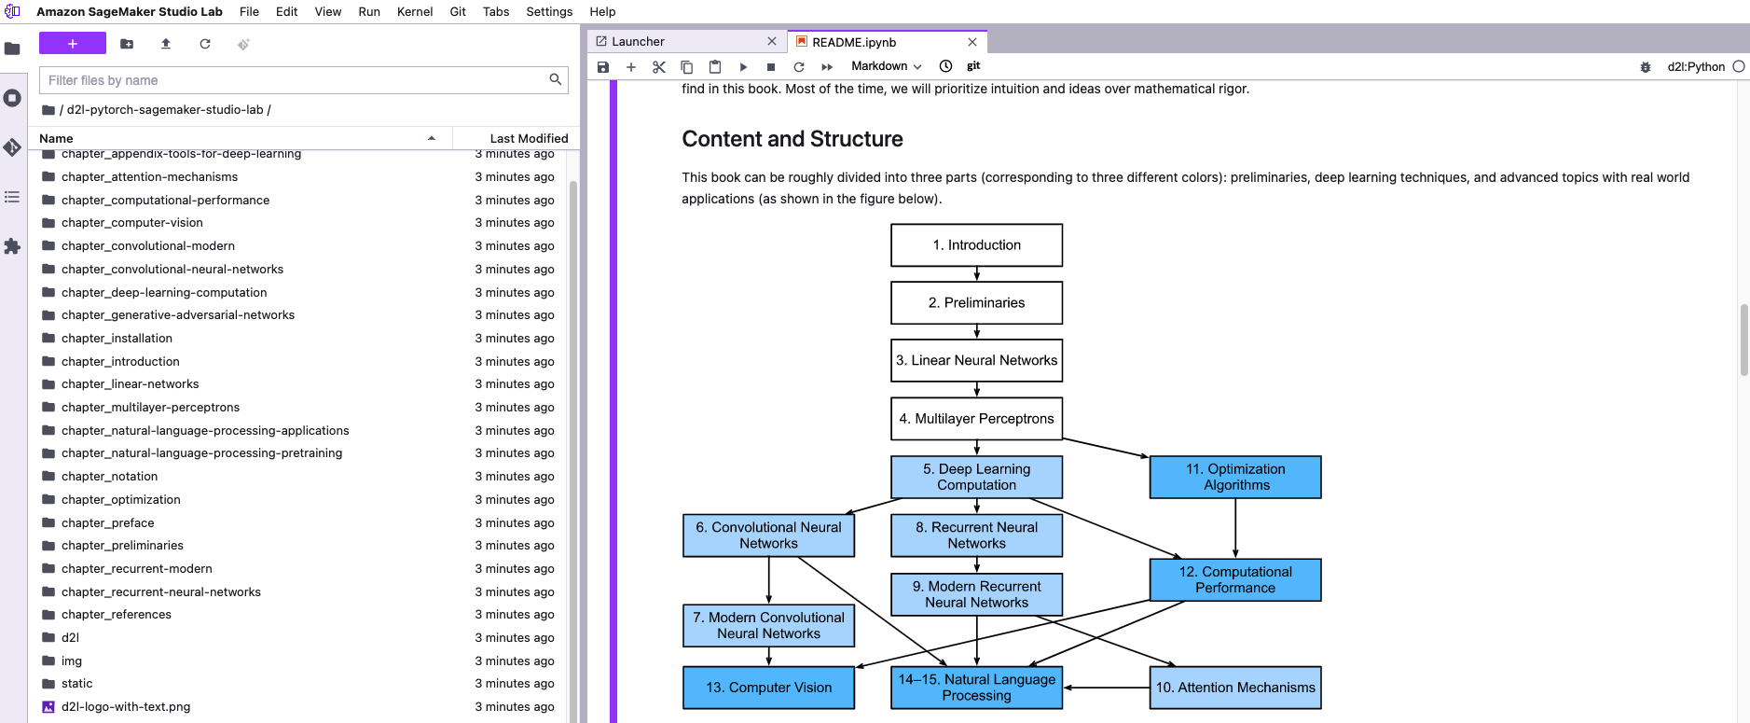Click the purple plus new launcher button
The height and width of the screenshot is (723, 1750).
[x=72, y=44]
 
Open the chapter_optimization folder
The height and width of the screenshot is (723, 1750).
[x=120, y=499]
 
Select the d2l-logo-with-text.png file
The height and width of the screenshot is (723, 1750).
[x=125, y=706]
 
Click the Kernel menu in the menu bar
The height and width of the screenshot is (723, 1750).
[x=414, y=11]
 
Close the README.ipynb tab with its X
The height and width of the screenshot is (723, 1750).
[x=972, y=42]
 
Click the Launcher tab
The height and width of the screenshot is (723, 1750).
[x=638, y=42]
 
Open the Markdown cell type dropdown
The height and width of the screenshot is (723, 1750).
[x=886, y=66]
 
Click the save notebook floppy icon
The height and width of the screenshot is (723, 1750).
[x=603, y=66]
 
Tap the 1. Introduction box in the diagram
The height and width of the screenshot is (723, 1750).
[x=976, y=245]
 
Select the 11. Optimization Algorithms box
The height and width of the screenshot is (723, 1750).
[x=1234, y=477]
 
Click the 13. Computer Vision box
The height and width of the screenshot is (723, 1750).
[x=768, y=688]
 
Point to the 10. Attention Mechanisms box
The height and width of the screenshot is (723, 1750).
[x=1234, y=688]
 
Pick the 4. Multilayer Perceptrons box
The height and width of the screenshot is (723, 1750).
[x=976, y=419]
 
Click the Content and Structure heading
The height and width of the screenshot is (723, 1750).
[x=792, y=139]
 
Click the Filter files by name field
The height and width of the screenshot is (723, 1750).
[x=294, y=80]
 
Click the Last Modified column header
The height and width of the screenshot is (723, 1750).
[x=528, y=138]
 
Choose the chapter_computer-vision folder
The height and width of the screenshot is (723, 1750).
[x=131, y=222]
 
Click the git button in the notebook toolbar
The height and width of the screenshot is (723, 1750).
[x=973, y=66]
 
